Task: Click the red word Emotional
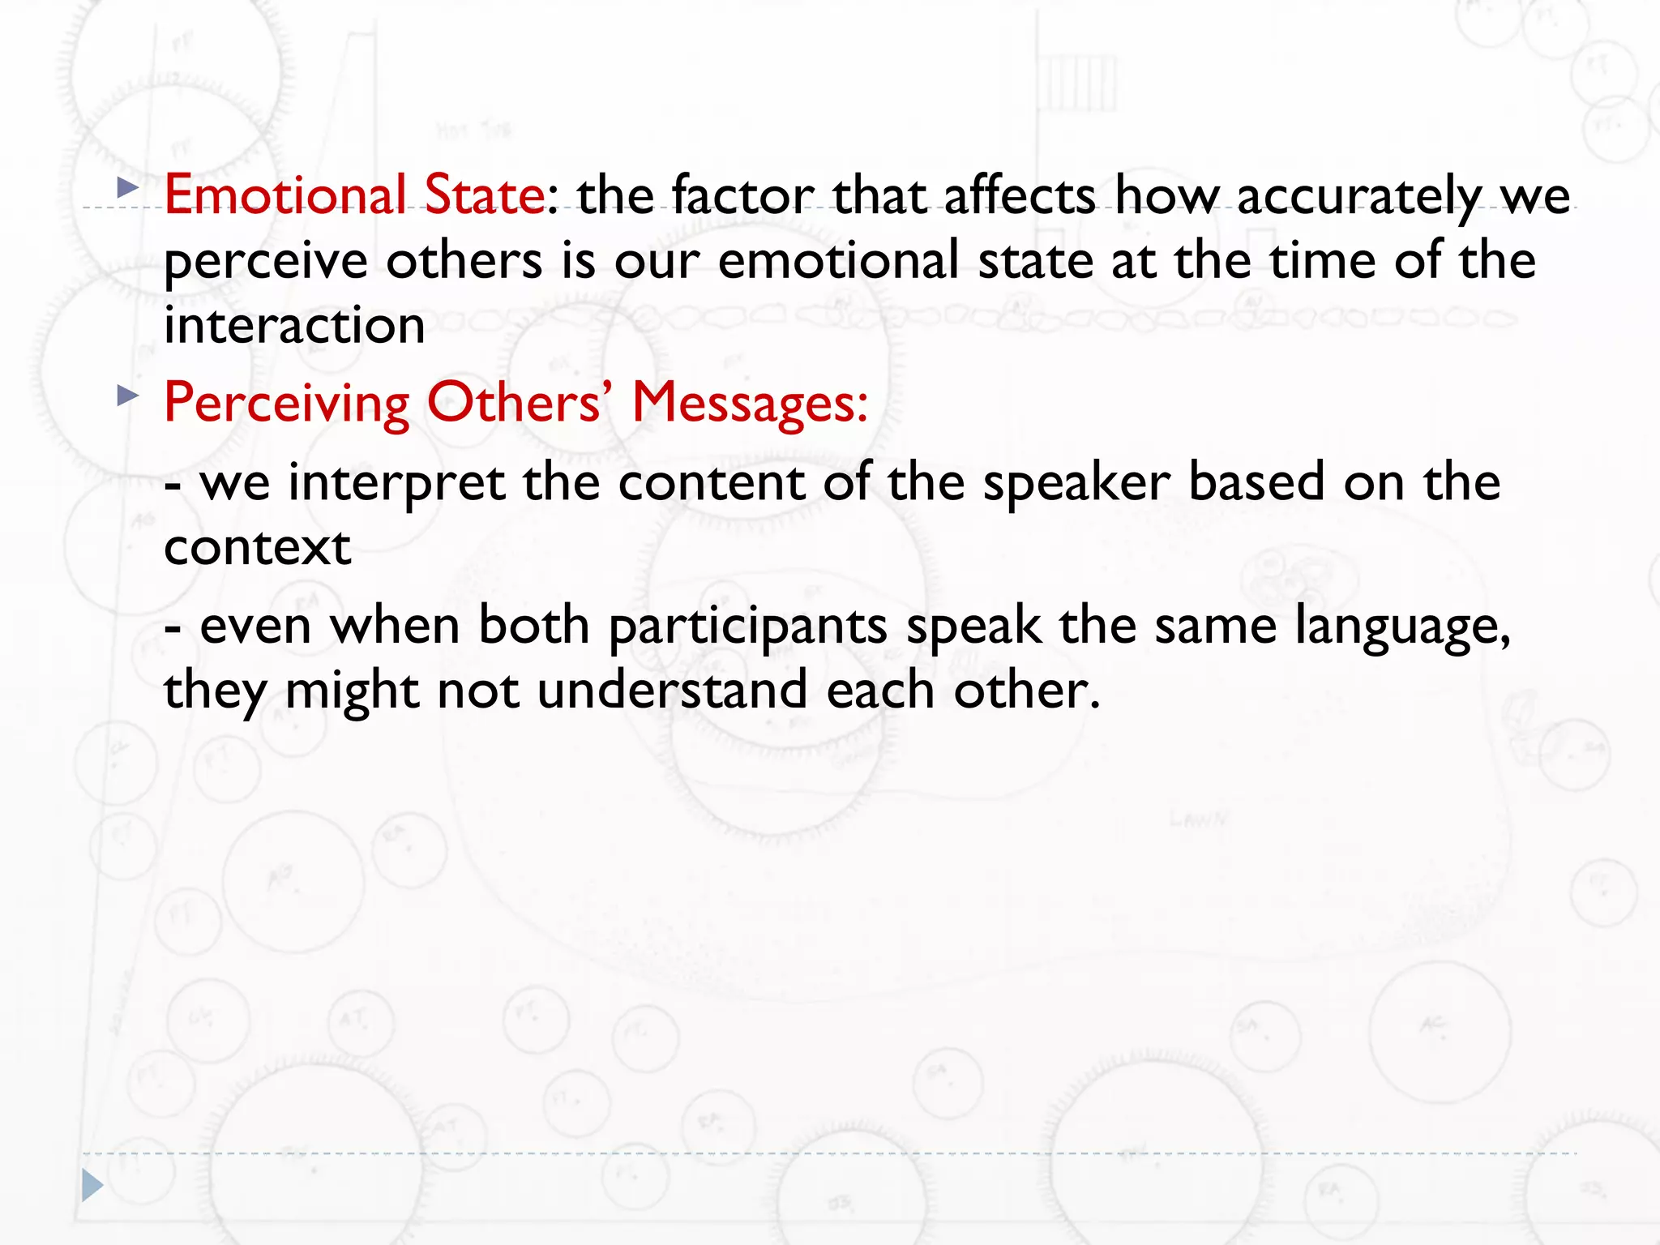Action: [285, 195]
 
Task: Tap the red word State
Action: [485, 195]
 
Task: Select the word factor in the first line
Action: [742, 195]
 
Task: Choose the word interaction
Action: [294, 326]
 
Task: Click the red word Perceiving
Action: [287, 404]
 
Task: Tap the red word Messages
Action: [750, 402]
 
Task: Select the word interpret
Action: [396, 484]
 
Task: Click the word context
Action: [258, 548]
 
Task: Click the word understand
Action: [672, 691]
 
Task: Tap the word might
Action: [352, 692]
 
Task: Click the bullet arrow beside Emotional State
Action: [127, 189]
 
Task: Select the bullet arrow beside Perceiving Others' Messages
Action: [127, 396]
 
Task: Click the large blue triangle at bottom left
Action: [92, 1186]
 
